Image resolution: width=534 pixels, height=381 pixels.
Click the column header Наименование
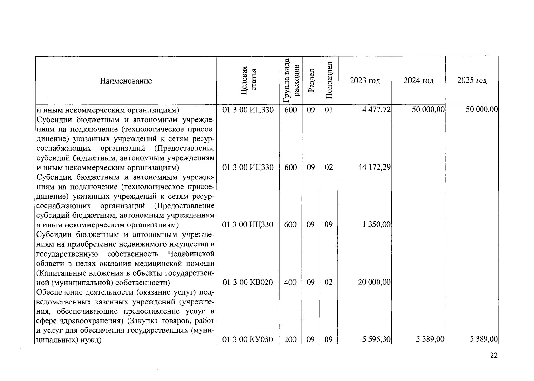click(x=126, y=81)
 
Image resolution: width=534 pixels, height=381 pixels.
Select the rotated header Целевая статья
click(x=248, y=81)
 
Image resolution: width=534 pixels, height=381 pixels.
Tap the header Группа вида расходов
click(x=291, y=81)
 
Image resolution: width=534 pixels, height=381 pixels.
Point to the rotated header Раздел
click(x=311, y=81)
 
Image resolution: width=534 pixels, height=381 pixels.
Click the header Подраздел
click(x=329, y=81)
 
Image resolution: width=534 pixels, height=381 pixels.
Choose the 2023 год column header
click(x=365, y=81)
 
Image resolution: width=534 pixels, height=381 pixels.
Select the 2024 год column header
click(x=418, y=81)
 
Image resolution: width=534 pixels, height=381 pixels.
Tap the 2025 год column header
click(x=472, y=80)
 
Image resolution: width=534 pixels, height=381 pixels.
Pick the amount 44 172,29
click(x=374, y=167)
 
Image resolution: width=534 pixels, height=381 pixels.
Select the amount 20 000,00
click(x=374, y=282)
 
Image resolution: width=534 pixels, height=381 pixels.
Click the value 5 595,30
click(x=376, y=339)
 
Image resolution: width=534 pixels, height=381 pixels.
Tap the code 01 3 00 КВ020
click(x=247, y=282)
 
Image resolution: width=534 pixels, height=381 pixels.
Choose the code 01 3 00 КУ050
click(x=247, y=339)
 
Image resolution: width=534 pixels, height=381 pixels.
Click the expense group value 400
click(x=290, y=282)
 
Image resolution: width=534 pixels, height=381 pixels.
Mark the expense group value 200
click(x=290, y=339)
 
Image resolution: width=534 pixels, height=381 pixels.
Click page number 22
click(x=494, y=356)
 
